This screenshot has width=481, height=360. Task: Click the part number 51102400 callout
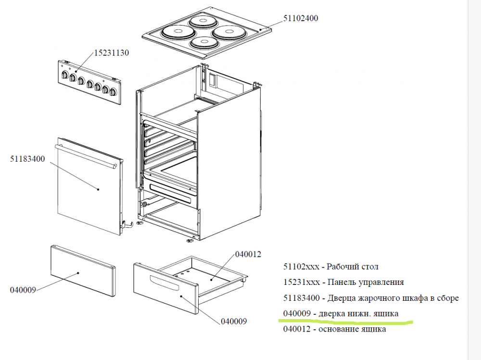[x=301, y=18]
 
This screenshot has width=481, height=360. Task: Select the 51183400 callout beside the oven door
[x=27, y=159]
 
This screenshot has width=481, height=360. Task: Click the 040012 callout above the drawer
[x=248, y=254]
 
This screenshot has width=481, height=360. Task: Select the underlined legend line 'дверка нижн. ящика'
[x=341, y=314]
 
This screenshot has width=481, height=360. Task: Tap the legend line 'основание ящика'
[x=334, y=330]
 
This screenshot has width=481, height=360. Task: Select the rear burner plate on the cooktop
[x=202, y=21]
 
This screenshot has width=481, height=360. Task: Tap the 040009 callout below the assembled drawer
[x=234, y=321]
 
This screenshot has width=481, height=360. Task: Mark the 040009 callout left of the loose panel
[x=23, y=290]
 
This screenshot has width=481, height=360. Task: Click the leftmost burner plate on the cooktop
[x=176, y=33]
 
